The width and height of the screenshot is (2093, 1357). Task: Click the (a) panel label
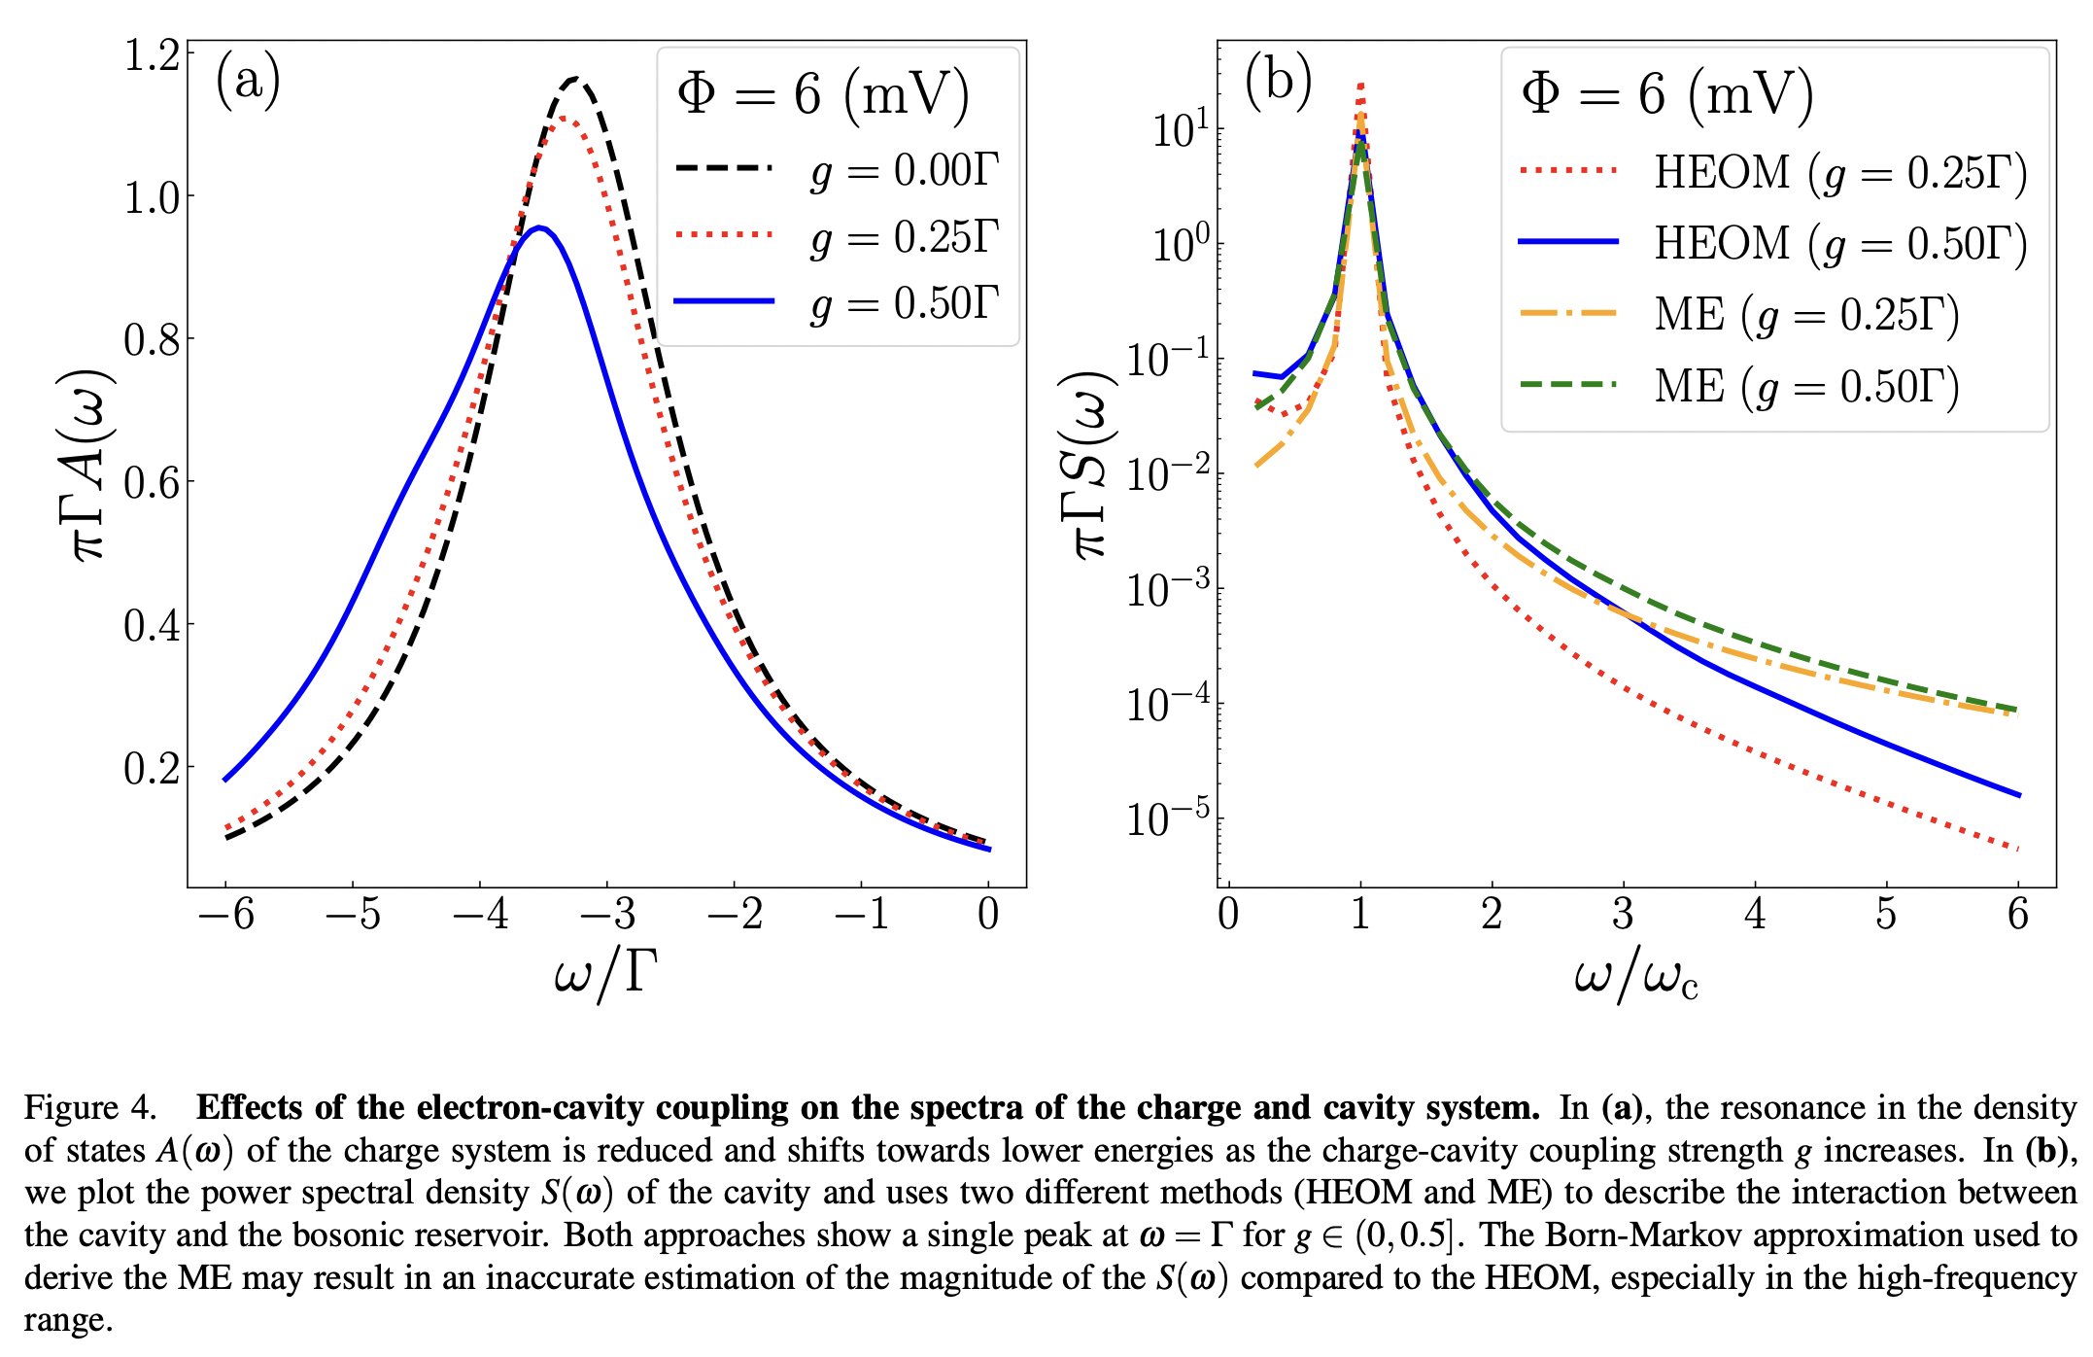(248, 80)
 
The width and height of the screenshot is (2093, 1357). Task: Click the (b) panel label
(1278, 80)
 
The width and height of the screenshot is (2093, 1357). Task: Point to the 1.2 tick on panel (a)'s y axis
(152, 55)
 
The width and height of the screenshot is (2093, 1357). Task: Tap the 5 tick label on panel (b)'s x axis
(1886, 914)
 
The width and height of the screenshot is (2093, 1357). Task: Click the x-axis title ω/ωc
(1635, 976)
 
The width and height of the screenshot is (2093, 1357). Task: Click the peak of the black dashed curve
(575, 79)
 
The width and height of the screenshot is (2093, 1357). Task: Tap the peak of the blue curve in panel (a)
(540, 228)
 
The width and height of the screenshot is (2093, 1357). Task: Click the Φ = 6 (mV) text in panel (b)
(1667, 95)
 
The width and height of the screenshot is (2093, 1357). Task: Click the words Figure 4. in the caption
(89, 1108)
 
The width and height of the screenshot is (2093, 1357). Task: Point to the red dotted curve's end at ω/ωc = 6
(2017, 849)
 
